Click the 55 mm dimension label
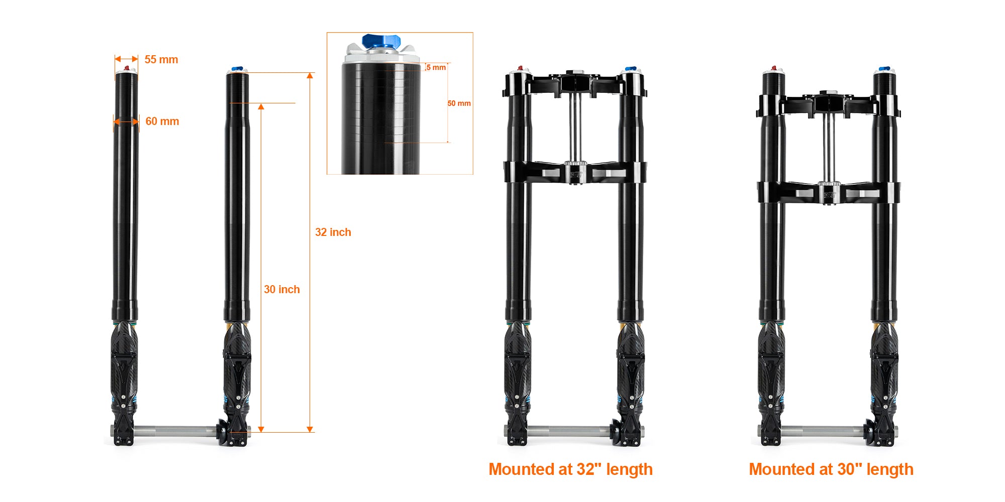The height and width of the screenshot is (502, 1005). [161, 59]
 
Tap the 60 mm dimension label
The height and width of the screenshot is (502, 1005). [162, 121]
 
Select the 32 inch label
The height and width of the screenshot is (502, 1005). [333, 232]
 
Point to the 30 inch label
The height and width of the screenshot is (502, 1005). [281, 289]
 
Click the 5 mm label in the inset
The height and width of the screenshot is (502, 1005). [436, 67]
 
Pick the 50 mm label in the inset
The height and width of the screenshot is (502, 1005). [459, 103]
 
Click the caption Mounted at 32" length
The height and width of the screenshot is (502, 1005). [570, 469]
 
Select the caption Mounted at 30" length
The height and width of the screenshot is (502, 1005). [831, 469]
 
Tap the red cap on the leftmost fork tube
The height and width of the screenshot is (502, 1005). [127, 68]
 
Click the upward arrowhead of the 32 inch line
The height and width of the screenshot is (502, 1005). [310, 75]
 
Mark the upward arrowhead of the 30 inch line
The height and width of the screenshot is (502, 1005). [261, 106]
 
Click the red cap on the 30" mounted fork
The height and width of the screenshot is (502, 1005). [774, 68]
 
